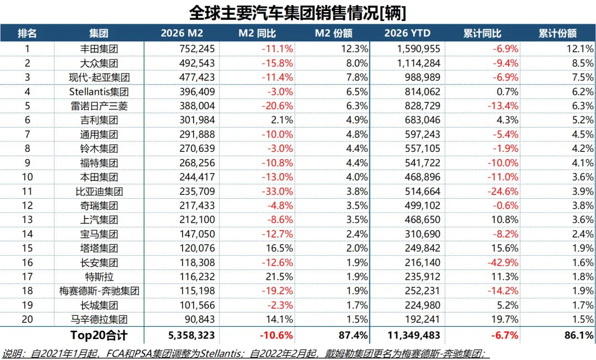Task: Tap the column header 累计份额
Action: pyautogui.click(x=557, y=33)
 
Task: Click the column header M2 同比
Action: pyautogui.click(x=257, y=33)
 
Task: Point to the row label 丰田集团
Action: pyautogui.click(x=99, y=49)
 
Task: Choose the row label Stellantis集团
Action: pyautogui.click(x=99, y=92)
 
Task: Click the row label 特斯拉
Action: pyautogui.click(x=99, y=277)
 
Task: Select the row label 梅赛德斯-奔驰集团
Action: pyautogui.click(x=99, y=291)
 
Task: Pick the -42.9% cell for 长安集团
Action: pyautogui.click(x=503, y=263)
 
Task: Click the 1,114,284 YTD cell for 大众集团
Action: pyautogui.click(x=420, y=63)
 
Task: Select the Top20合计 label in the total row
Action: pyautogui.click(x=99, y=335)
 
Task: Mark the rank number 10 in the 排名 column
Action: pyautogui.click(x=26, y=177)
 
